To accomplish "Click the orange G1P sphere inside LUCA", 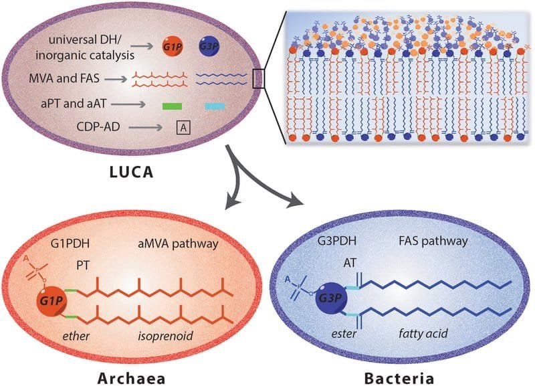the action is pos(173,46).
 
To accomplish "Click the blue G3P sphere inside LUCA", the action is pos(209,46).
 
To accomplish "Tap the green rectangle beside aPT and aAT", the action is pos(172,106).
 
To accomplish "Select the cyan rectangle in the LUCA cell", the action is pos(215,106).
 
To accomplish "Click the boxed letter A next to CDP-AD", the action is pos(183,128).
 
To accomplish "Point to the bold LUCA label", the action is pos(131,172).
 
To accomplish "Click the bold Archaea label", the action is pos(132,378).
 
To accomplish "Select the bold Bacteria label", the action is pos(399,378).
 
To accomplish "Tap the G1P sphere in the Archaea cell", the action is pos(52,301).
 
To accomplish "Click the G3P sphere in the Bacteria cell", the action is pos(330,298).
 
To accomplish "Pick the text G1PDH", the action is pos(70,244).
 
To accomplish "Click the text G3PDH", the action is pos(337,241).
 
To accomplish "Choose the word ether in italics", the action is pos(76,336).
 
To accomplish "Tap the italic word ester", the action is pos(344,333).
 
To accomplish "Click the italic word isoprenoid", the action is pos(165,336).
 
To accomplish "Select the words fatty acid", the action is pos(423,333).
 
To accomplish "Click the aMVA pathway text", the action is pos(178,244).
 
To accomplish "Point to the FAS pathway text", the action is pos(433,242).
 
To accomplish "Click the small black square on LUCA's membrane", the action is pos(259,79).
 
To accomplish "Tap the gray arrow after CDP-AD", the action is pos(146,128).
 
